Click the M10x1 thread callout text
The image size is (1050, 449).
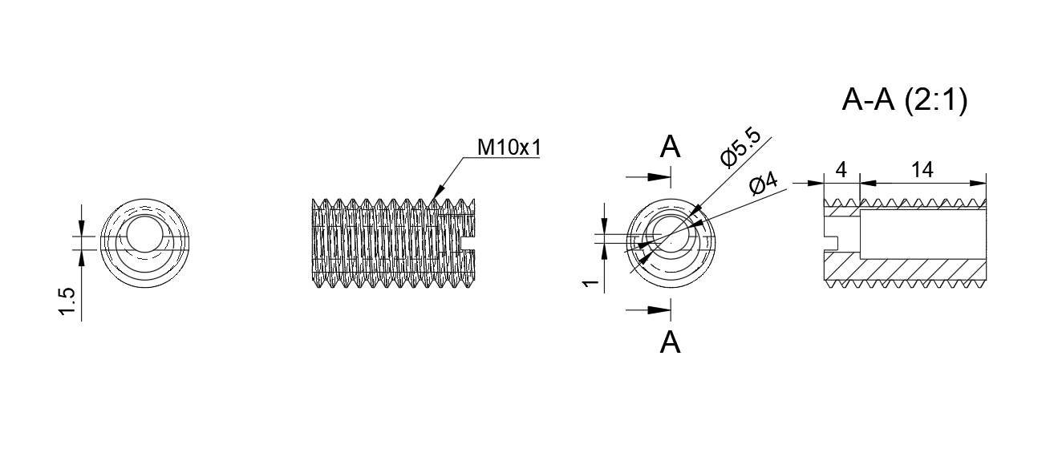click(x=509, y=148)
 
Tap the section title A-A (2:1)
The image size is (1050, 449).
click(x=905, y=100)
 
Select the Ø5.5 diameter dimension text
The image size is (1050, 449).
click(x=740, y=148)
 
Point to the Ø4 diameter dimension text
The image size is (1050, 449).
click(x=764, y=184)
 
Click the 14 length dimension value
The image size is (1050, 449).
click(x=922, y=170)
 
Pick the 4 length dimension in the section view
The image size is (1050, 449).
click(x=841, y=170)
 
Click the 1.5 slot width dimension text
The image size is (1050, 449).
click(x=67, y=301)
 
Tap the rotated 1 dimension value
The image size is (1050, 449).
click(x=590, y=283)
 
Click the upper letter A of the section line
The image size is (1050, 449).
click(x=670, y=147)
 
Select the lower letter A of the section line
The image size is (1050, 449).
click(x=670, y=342)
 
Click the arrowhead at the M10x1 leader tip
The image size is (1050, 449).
click(x=437, y=192)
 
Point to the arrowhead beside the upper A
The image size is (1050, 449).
click(x=659, y=177)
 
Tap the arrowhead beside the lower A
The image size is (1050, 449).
click(x=659, y=309)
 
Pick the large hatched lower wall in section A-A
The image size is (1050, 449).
click(x=905, y=269)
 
